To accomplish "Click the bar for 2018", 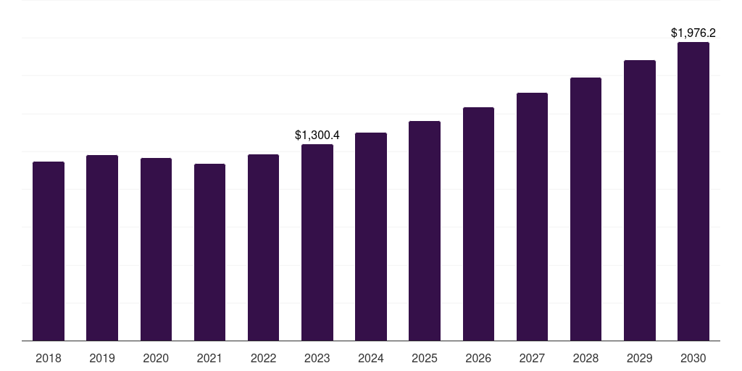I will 49,251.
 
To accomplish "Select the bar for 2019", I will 102,248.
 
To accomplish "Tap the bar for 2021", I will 209,252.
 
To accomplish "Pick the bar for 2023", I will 317,242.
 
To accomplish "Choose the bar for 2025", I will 425,230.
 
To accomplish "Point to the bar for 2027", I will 532,217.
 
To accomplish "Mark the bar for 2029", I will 640,200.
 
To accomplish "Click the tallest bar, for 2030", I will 693,191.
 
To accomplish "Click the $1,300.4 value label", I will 317,135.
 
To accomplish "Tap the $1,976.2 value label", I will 693,33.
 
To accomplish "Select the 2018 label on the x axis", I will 49,358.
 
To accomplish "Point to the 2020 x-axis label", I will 156,358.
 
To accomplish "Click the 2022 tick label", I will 263,358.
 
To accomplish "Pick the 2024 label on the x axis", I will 371,358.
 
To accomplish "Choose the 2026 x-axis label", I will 478,358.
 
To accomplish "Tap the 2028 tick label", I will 585,358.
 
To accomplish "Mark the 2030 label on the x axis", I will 693,358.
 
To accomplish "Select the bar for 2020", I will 156,249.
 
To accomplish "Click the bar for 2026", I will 478,224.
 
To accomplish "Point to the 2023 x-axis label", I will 317,358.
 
